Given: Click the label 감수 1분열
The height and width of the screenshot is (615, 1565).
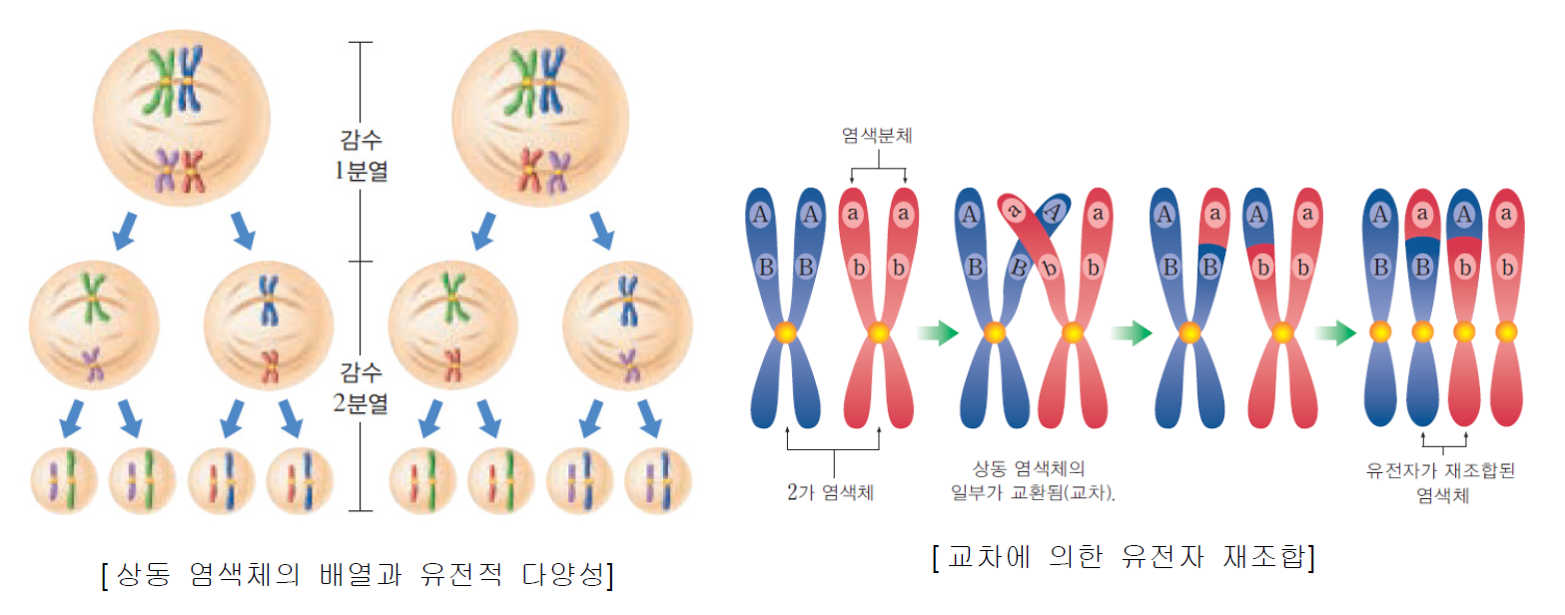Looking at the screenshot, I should point(362,158).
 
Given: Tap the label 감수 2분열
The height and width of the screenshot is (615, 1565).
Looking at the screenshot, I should point(362,389).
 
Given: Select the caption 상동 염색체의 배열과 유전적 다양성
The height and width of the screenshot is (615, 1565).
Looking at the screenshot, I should point(357,575).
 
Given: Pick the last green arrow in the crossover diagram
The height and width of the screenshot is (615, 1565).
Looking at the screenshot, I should point(1334,332).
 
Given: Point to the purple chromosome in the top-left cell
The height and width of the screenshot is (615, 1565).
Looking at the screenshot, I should point(165,171).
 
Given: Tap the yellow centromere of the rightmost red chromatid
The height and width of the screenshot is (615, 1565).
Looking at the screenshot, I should point(1507,331).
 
